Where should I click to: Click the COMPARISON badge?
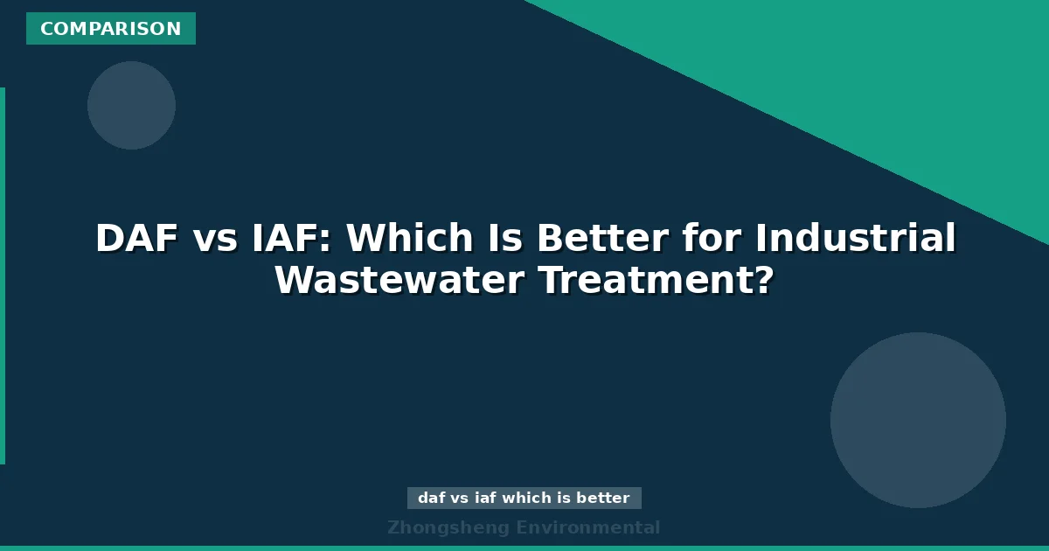click(111, 29)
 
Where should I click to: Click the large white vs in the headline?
click(214, 239)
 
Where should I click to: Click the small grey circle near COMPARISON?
click(131, 105)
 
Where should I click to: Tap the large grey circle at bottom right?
click(918, 420)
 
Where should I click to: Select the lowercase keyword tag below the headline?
click(524, 499)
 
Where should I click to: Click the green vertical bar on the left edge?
click(3, 275)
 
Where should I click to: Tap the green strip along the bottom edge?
click(524, 548)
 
